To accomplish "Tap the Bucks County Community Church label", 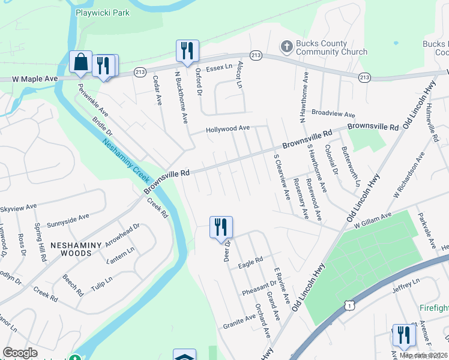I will [331, 48].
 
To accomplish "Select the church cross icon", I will [286, 46].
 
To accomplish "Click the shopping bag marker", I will [80, 62].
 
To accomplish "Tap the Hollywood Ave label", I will [228, 128].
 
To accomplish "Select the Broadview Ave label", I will [334, 114].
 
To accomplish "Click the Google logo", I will [20, 353].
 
